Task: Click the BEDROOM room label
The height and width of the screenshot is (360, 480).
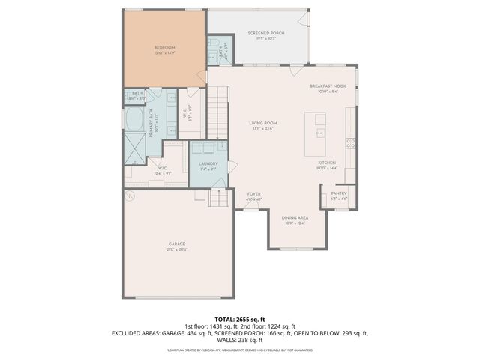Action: pyautogui.click(x=163, y=48)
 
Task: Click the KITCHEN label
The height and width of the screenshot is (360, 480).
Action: pyautogui.click(x=326, y=162)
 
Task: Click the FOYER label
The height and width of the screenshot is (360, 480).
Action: pyautogui.click(x=254, y=194)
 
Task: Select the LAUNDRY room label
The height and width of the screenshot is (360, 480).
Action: pyautogui.click(x=208, y=163)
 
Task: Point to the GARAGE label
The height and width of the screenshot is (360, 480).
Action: pyautogui.click(x=177, y=244)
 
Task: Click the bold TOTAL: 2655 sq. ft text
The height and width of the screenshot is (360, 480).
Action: pyautogui.click(x=240, y=318)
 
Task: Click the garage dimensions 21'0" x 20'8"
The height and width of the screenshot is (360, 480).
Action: pyautogui.click(x=177, y=249)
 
